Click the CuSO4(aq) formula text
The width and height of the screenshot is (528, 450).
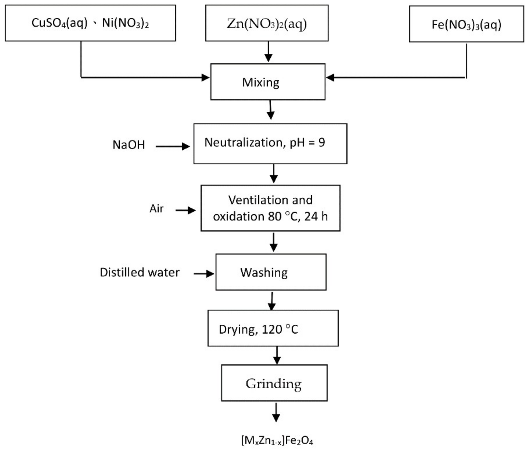[x=59, y=23]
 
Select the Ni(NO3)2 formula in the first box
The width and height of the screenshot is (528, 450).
[x=125, y=23]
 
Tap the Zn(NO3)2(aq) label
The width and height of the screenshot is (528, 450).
[x=267, y=24]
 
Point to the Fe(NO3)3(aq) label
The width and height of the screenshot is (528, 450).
[x=466, y=25]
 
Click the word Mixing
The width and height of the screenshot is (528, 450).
[x=261, y=82]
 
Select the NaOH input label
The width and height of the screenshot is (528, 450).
[x=129, y=145]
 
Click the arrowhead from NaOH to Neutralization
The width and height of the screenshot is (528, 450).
[x=186, y=146]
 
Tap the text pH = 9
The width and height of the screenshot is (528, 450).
[x=307, y=142]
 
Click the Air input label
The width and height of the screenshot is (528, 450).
[x=156, y=209]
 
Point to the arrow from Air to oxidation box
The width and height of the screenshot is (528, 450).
[x=185, y=210]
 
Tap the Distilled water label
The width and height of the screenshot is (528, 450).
[x=140, y=272]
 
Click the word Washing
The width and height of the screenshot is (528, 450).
[x=264, y=273]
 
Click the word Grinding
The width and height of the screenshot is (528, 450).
[x=273, y=384]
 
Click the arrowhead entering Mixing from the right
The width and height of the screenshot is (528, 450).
[x=330, y=77]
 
